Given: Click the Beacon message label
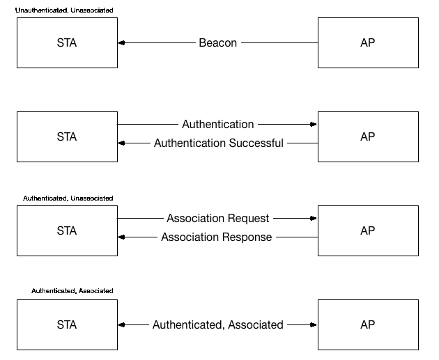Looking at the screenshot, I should click(x=217, y=43).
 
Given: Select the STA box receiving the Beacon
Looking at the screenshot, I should click(x=67, y=43).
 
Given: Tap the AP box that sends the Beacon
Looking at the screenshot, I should click(x=367, y=43).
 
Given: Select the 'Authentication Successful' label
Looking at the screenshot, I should click(x=218, y=143).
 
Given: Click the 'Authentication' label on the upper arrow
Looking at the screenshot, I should click(x=217, y=125).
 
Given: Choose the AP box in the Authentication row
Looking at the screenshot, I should click(x=367, y=136).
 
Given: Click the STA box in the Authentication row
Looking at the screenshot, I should click(x=67, y=136).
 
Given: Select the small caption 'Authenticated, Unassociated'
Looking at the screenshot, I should click(x=68, y=198).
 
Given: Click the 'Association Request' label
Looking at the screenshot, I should click(x=217, y=219).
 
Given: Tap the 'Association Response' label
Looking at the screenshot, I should click(x=216, y=237).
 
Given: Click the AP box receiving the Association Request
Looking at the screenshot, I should click(x=367, y=230).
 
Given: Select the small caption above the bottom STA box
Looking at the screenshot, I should click(x=72, y=290).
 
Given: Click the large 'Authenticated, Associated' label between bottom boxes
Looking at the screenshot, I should click(x=217, y=325).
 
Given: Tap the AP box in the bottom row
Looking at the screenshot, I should click(x=367, y=324).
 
